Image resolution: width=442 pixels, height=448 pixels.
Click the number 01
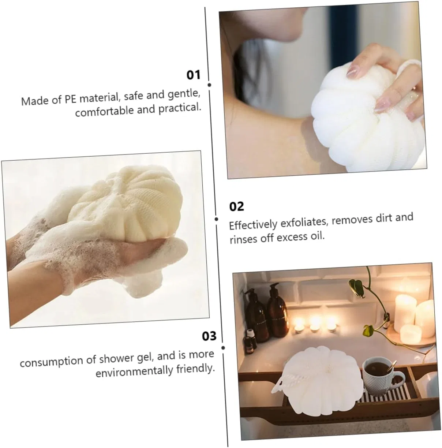[193, 75]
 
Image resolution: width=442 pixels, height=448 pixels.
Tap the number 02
[236, 206]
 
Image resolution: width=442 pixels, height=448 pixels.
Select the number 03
[209, 336]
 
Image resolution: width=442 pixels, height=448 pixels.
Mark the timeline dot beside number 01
[209, 85]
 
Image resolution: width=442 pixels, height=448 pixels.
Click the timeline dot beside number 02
[217, 219]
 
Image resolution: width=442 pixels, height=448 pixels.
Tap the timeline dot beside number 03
[223, 348]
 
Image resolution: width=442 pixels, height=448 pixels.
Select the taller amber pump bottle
[277, 310]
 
